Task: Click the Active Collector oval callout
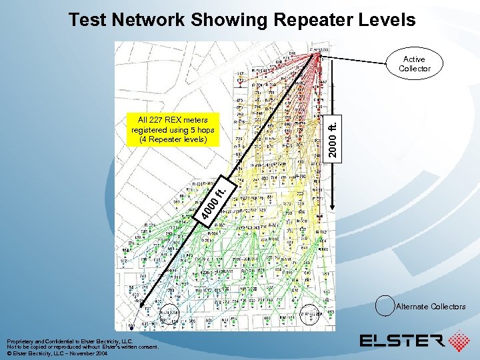415,64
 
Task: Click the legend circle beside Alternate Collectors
385,307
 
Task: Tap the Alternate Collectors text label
431,307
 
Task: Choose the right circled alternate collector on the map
309,312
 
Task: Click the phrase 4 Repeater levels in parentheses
173,140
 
